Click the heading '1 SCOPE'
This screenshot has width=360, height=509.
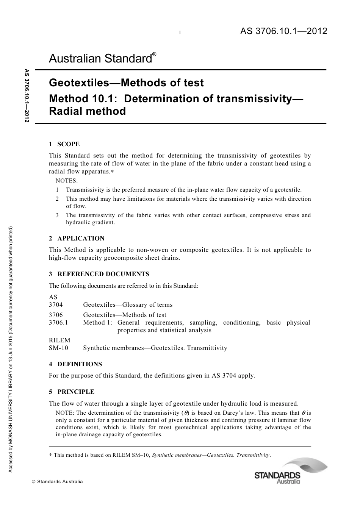click(64, 144)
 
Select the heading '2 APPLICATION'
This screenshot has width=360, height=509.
click(77, 238)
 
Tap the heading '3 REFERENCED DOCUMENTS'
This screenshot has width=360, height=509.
click(99, 274)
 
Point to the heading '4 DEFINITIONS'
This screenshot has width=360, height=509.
click(75, 364)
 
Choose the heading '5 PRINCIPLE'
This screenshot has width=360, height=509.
click(72, 392)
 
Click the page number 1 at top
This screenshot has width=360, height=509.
click(180, 33)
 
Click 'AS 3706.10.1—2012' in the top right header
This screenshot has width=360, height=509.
click(283, 31)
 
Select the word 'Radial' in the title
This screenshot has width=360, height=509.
click(66, 111)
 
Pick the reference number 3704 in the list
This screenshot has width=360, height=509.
click(56, 304)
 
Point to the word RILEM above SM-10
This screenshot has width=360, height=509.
click(59, 340)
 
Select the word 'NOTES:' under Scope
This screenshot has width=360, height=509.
click(67, 181)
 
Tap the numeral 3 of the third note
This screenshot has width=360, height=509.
click(57, 215)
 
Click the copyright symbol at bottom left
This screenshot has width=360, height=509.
click(33, 482)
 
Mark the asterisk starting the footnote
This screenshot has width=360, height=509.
click(50, 455)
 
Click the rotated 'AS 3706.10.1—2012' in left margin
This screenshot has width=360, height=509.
click(27, 95)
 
